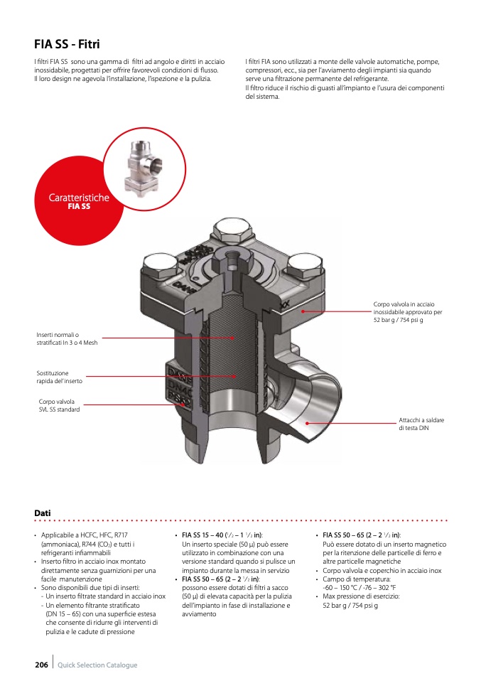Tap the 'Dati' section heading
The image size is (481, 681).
point(42,513)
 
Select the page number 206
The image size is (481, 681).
point(41,665)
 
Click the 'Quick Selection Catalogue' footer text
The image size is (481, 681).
point(97,665)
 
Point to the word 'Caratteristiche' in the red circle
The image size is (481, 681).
point(79,197)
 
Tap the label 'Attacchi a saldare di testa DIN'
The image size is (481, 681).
point(421,424)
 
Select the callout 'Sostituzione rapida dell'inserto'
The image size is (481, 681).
point(60,377)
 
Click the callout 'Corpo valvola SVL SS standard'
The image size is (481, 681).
point(60,405)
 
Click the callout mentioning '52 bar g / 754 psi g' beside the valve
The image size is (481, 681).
point(408,313)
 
